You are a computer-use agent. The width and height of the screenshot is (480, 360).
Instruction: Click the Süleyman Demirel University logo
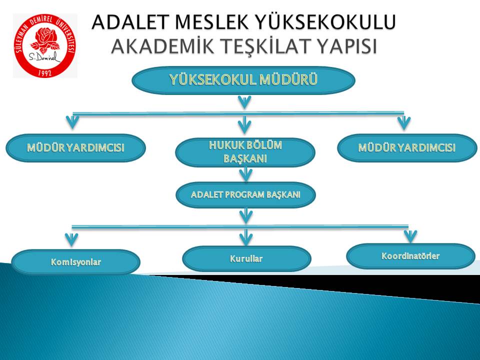(45, 45)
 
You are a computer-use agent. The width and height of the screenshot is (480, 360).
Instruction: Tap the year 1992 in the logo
(45, 72)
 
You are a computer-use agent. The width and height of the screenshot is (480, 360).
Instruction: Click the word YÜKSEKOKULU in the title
(325, 22)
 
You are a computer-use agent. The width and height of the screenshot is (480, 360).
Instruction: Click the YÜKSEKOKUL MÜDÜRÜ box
(243, 80)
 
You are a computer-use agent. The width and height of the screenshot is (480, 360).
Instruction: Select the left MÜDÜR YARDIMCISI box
(75, 148)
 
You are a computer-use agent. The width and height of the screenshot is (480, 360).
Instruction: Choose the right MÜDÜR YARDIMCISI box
(407, 148)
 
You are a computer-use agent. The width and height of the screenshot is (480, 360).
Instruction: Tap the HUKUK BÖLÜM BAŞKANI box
(245, 152)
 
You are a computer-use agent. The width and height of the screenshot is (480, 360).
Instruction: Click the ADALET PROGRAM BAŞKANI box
(245, 195)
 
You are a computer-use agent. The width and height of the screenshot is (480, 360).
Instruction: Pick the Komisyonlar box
(75, 262)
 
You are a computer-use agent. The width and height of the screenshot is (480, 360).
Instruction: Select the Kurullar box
(246, 259)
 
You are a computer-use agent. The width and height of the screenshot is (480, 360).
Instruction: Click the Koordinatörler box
(410, 256)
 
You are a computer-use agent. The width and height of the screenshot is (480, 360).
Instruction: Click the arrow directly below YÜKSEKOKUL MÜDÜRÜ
(244, 102)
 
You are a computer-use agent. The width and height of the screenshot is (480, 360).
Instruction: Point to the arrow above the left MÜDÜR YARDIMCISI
(73, 121)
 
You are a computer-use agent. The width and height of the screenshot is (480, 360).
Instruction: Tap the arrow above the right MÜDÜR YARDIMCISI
(404, 122)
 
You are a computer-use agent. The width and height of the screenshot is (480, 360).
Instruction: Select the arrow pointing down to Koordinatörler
(410, 235)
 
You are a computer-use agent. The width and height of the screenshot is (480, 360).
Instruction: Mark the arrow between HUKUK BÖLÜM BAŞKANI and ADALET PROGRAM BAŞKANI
(245, 174)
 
